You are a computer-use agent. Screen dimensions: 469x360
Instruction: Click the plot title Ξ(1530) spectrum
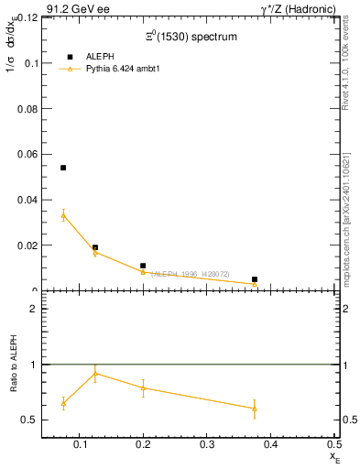coord(191,37)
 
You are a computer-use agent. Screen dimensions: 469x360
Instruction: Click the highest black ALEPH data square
coord(63,168)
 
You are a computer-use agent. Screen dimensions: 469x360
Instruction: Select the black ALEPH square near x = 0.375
coord(255,279)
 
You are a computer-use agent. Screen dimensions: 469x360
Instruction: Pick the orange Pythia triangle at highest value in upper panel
coord(63,215)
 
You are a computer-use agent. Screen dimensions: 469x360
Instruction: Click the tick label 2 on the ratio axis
coord(33,309)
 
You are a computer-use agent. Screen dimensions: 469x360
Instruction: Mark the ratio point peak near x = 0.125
coord(95,373)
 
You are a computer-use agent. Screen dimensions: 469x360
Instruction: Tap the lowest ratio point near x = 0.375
coord(255,409)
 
